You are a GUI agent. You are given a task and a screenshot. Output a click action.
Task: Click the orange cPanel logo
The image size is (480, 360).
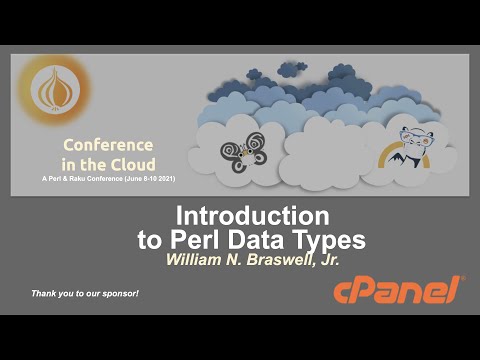[x=398, y=291]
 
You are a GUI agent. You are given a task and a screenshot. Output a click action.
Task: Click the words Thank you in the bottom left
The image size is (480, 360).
[x=51, y=292]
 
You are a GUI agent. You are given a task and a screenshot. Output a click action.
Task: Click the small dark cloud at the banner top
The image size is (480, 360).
[x=293, y=68]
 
